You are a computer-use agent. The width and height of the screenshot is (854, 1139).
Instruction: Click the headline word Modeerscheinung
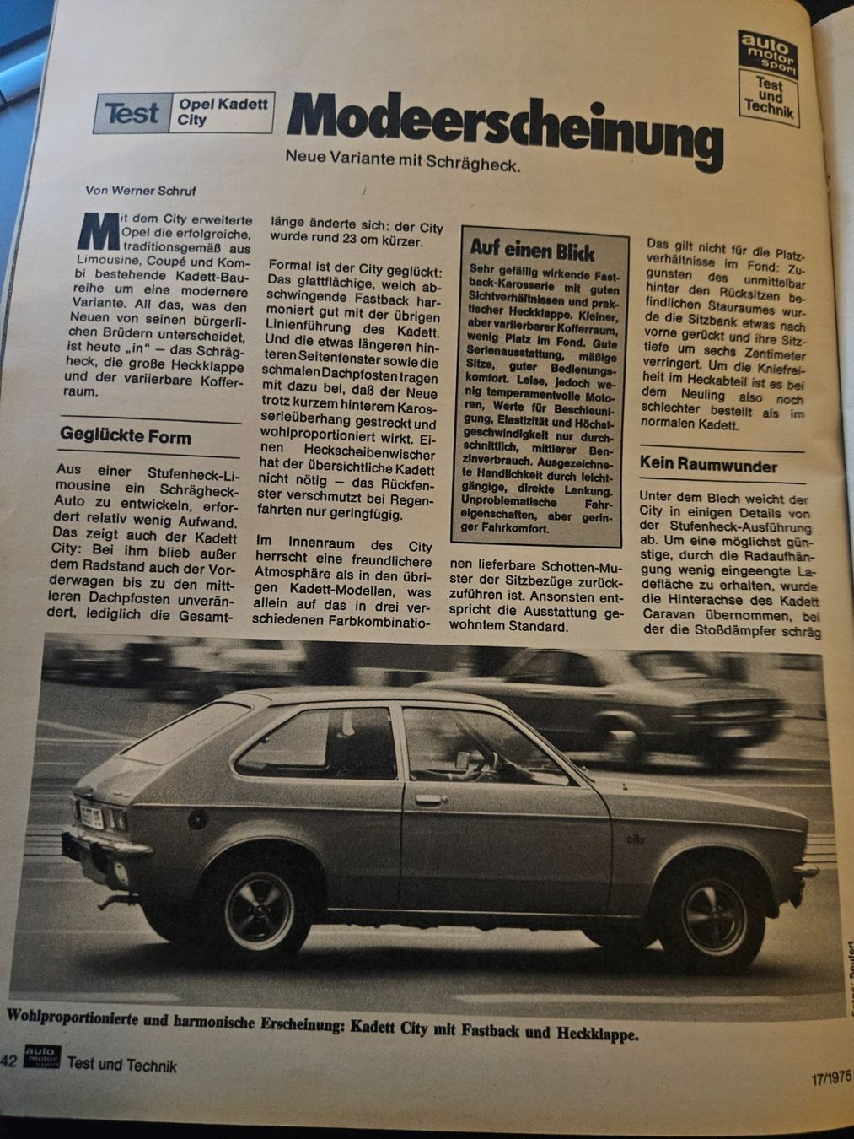tap(504, 127)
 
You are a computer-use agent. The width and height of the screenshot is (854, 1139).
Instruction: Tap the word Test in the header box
tap(132, 113)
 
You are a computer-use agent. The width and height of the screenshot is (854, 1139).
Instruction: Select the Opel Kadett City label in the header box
tap(223, 112)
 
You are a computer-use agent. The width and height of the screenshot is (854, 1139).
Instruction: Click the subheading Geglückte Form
tap(126, 437)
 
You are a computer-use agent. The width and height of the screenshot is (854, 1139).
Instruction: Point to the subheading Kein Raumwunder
tap(708, 464)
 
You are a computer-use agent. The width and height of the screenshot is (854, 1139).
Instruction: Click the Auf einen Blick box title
tap(532, 251)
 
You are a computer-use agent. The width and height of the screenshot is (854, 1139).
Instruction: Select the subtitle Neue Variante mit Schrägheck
tap(403, 159)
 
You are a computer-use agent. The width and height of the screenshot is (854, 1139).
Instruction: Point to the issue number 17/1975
tap(830, 1078)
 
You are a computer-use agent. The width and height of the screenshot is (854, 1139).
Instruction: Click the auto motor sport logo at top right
tap(766, 50)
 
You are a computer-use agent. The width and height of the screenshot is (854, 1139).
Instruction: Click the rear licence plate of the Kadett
tap(90, 815)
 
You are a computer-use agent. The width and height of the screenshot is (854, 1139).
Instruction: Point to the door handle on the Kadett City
tap(428, 799)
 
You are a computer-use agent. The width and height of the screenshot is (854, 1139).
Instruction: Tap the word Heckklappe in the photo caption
tap(595, 1033)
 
